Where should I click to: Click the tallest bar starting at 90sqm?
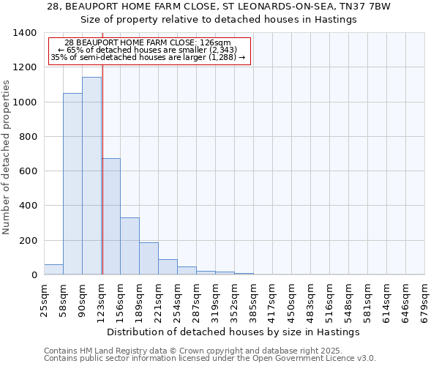[x=91, y=176]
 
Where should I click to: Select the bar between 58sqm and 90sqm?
[x=72, y=184]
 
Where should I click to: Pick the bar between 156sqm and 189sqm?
[x=130, y=246]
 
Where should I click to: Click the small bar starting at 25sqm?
[x=53, y=269]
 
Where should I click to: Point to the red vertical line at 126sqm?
[x=102, y=146]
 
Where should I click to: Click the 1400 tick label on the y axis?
[x=24, y=33]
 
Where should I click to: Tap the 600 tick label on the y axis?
[x=27, y=171]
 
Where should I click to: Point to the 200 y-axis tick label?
[x=27, y=241]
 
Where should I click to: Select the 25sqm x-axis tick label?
[x=45, y=301]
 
